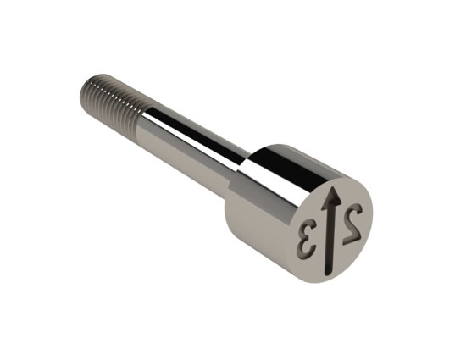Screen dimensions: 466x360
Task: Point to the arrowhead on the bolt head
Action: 333,197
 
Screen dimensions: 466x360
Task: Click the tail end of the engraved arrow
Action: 329,273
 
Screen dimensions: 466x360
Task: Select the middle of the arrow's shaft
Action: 330,239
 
